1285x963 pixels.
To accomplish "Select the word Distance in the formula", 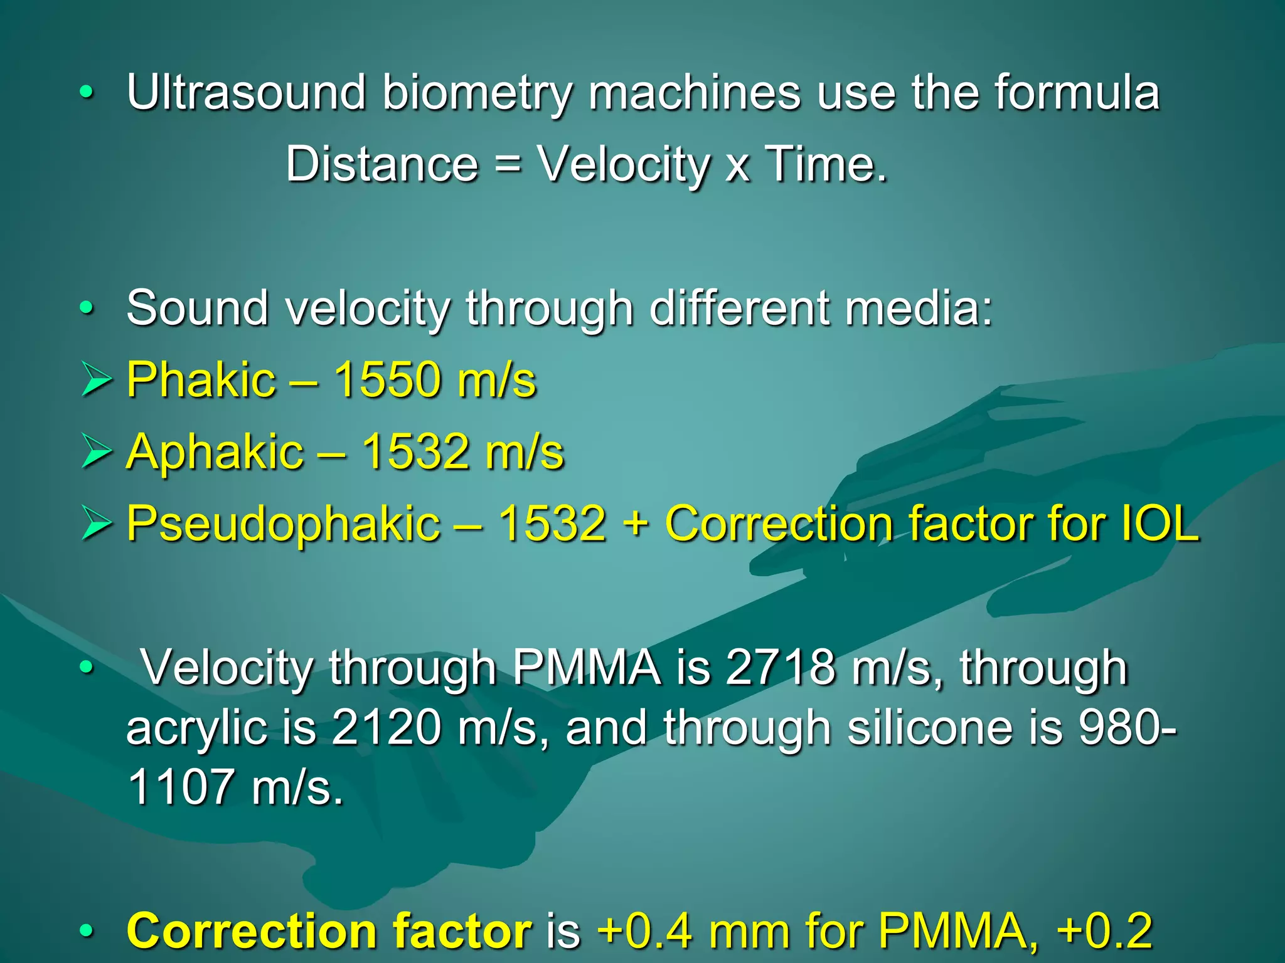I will (382, 164).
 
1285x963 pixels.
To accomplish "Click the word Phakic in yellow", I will (201, 380).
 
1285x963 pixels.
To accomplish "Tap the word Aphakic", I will (215, 452).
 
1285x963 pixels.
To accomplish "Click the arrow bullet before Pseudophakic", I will (97, 524).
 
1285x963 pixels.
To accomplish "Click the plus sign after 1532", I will (636, 524).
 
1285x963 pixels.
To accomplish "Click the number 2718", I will (781, 667).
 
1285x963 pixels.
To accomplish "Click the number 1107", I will (181, 787).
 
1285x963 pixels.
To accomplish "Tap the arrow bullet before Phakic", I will (97, 380).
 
